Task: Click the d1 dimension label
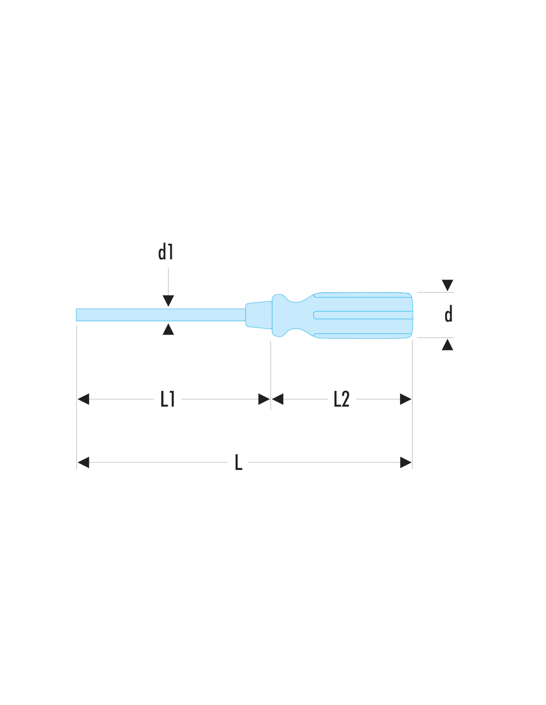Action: (x=166, y=252)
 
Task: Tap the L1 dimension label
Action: (x=168, y=399)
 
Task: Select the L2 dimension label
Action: (x=341, y=399)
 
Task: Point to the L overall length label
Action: (x=238, y=462)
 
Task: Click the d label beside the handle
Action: (x=448, y=314)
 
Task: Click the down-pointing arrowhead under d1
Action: (x=168, y=300)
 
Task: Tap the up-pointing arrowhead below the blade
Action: (x=168, y=329)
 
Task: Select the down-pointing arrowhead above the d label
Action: (x=447, y=285)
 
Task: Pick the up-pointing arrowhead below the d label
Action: (x=447, y=345)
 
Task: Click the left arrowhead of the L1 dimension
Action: (x=83, y=399)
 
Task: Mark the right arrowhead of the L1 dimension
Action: (x=264, y=399)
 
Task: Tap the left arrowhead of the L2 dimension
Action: (x=277, y=399)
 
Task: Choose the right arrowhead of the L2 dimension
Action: (x=406, y=399)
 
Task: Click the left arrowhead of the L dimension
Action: (x=83, y=463)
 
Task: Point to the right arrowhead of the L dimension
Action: (x=406, y=463)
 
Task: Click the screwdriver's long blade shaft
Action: (x=161, y=315)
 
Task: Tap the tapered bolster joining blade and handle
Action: (x=259, y=315)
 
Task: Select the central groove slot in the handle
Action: (x=363, y=315)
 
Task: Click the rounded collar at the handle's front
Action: (x=278, y=315)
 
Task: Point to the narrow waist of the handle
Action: (x=295, y=315)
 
